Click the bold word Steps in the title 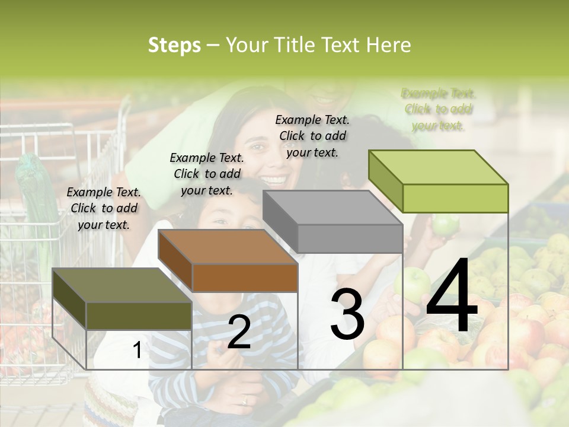(x=174, y=46)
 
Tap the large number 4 (x=452, y=296)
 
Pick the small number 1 (x=137, y=350)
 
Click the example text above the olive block (x=104, y=208)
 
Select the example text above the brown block (x=207, y=174)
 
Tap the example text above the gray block (x=312, y=136)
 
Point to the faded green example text (x=438, y=109)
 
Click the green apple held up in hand (x=445, y=224)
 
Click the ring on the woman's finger (x=245, y=400)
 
